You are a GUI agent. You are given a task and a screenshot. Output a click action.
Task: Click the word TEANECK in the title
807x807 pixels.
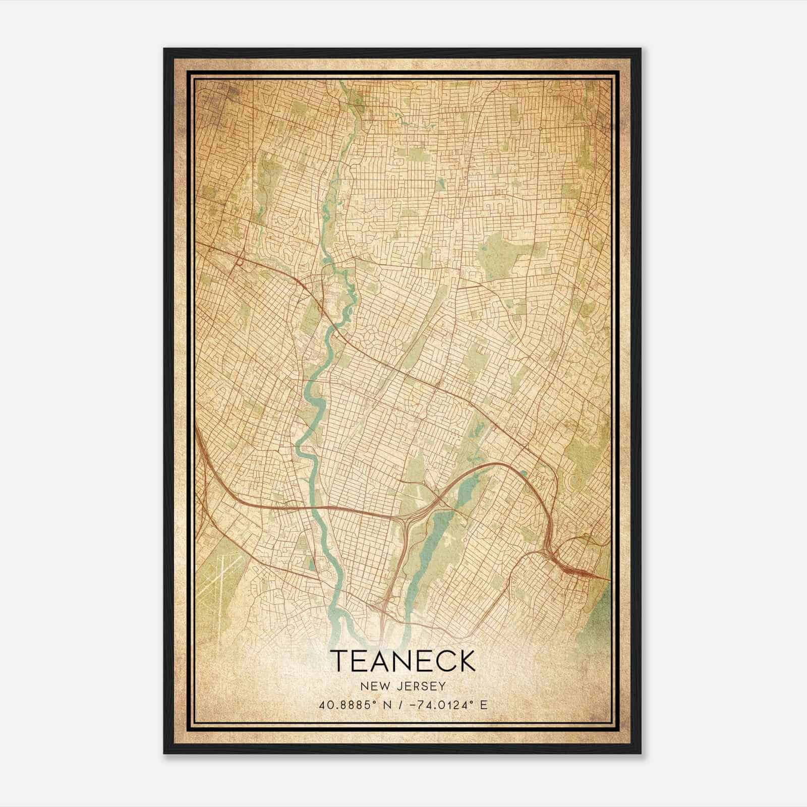pyautogui.click(x=403, y=661)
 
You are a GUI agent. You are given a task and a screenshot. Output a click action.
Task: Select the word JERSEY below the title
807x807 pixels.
pyautogui.click(x=421, y=686)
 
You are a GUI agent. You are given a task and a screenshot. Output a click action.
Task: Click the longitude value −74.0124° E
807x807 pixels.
pyautogui.click(x=443, y=705)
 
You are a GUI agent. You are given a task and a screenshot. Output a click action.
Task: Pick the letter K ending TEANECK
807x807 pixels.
pyautogui.click(x=466, y=661)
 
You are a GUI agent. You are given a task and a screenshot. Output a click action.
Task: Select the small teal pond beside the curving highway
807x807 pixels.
pyautogui.click(x=523, y=473)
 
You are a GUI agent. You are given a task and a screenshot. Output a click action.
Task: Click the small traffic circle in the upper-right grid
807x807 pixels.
pyautogui.click(x=540, y=129)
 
